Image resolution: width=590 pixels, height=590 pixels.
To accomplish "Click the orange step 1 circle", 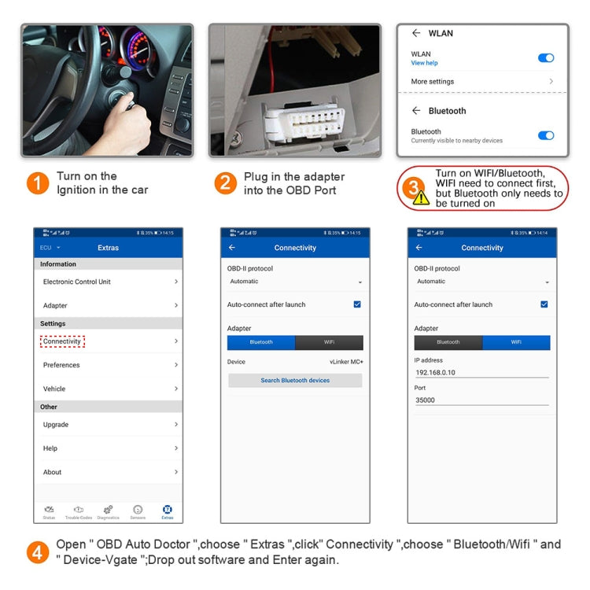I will pos(38,183).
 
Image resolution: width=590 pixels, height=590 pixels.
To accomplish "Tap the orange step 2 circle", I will pos(226,183).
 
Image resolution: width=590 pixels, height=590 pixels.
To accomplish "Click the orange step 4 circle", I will pos(38,551).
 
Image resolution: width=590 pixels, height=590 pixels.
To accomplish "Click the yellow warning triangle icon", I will pos(422,197).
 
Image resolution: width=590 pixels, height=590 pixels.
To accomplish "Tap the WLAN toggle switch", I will pos(545,58).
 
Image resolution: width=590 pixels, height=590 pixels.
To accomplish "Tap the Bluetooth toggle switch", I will pos(545,135).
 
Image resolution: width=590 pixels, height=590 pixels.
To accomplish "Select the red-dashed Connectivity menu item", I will pos(62,341).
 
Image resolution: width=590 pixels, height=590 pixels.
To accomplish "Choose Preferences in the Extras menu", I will pos(61,365).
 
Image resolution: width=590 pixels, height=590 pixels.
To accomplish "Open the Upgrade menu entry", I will pos(56,425).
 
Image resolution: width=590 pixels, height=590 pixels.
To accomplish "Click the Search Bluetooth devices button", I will pos(295,381).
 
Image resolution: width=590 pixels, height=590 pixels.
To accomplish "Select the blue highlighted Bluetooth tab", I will pos(261,342).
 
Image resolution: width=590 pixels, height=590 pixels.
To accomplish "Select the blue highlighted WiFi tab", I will pos(516,342).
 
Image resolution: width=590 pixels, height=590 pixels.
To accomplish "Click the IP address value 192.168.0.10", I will pos(435,373).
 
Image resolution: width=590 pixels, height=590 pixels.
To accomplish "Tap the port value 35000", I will pos(425,400).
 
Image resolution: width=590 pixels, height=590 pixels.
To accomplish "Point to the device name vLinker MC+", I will pos(346,362).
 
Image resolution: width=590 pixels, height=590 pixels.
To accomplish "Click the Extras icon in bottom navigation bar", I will pos(167,511).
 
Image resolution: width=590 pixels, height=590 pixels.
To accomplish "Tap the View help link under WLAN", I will pos(424,63).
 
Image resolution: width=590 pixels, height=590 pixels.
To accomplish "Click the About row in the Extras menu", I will pos(53,472).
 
